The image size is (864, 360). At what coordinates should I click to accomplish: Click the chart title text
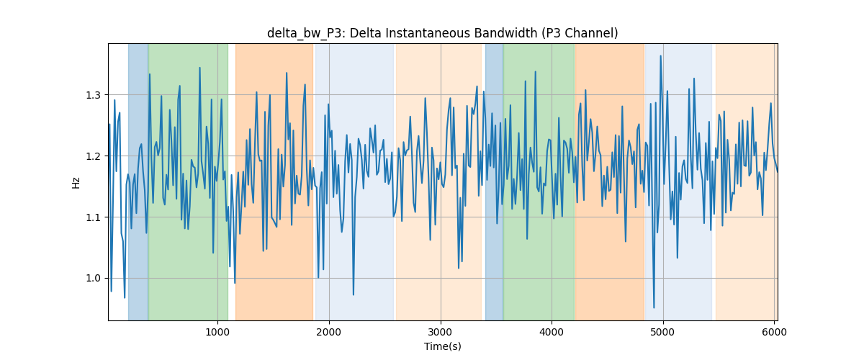coord(442,33)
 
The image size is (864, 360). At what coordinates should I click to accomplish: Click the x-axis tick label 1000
coord(217,332)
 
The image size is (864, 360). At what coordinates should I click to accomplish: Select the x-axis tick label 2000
coord(329,332)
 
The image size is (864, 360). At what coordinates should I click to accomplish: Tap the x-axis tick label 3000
coord(441,332)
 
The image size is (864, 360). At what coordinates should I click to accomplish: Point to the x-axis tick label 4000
coord(552,332)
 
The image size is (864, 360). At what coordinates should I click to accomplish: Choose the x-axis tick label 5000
coord(663,332)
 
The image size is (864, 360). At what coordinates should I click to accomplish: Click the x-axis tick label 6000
coord(774,332)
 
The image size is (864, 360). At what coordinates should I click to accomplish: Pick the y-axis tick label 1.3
coord(93,95)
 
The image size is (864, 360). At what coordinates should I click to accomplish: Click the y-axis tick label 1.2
coord(93,156)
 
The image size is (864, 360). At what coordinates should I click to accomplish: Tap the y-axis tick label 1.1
coord(93,217)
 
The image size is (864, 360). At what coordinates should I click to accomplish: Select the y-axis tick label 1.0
coord(93,279)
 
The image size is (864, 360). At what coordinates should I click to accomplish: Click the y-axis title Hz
coord(76,183)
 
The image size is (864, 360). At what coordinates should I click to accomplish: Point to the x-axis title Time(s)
coord(442,346)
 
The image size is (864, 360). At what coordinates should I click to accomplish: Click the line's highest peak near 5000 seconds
coord(660,56)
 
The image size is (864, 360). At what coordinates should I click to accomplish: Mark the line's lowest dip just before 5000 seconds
coord(654,307)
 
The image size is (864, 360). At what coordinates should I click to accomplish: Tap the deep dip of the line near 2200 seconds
coord(354,294)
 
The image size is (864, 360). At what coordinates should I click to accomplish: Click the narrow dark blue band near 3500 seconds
coord(494,181)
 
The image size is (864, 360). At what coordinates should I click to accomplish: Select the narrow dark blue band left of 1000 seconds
coord(138,181)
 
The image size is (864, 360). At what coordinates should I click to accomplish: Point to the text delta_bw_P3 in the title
coord(305,34)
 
